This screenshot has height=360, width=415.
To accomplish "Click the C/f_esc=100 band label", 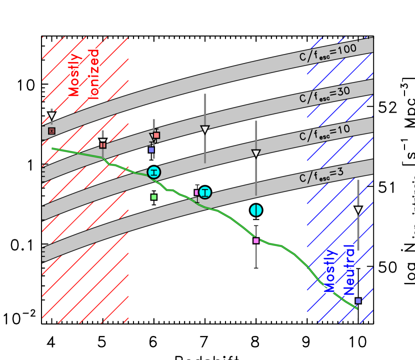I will tap(328, 52).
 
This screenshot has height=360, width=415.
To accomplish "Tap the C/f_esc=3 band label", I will tap(321, 175).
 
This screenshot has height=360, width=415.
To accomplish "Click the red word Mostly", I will tap(74, 74).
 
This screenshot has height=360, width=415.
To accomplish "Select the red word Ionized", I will tap(93, 74).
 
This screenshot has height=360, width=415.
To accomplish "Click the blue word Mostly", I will tap(330, 270).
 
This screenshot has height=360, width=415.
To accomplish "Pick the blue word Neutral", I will tap(349, 269).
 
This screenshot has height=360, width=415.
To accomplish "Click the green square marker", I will tap(154, 197).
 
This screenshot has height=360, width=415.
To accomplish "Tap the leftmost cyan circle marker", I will tap(154, 172).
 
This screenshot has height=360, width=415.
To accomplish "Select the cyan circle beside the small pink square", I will tap(205, 192).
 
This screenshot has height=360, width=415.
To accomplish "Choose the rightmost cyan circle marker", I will tap(256, 210).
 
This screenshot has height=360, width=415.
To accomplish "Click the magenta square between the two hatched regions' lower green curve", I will tap(256, 240).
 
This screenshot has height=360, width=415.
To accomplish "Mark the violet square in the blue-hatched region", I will tap(358, 300).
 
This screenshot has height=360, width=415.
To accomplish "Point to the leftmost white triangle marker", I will tap(51, 115).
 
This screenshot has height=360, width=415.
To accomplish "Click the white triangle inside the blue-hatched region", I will tap(358, 210).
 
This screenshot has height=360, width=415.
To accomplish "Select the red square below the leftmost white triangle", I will tap(51, 131).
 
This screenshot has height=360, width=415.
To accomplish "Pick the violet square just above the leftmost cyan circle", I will tap(151, 149).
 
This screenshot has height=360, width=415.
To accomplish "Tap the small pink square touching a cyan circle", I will tap(196, 192).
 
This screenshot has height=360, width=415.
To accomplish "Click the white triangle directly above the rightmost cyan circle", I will tap(256, 153).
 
